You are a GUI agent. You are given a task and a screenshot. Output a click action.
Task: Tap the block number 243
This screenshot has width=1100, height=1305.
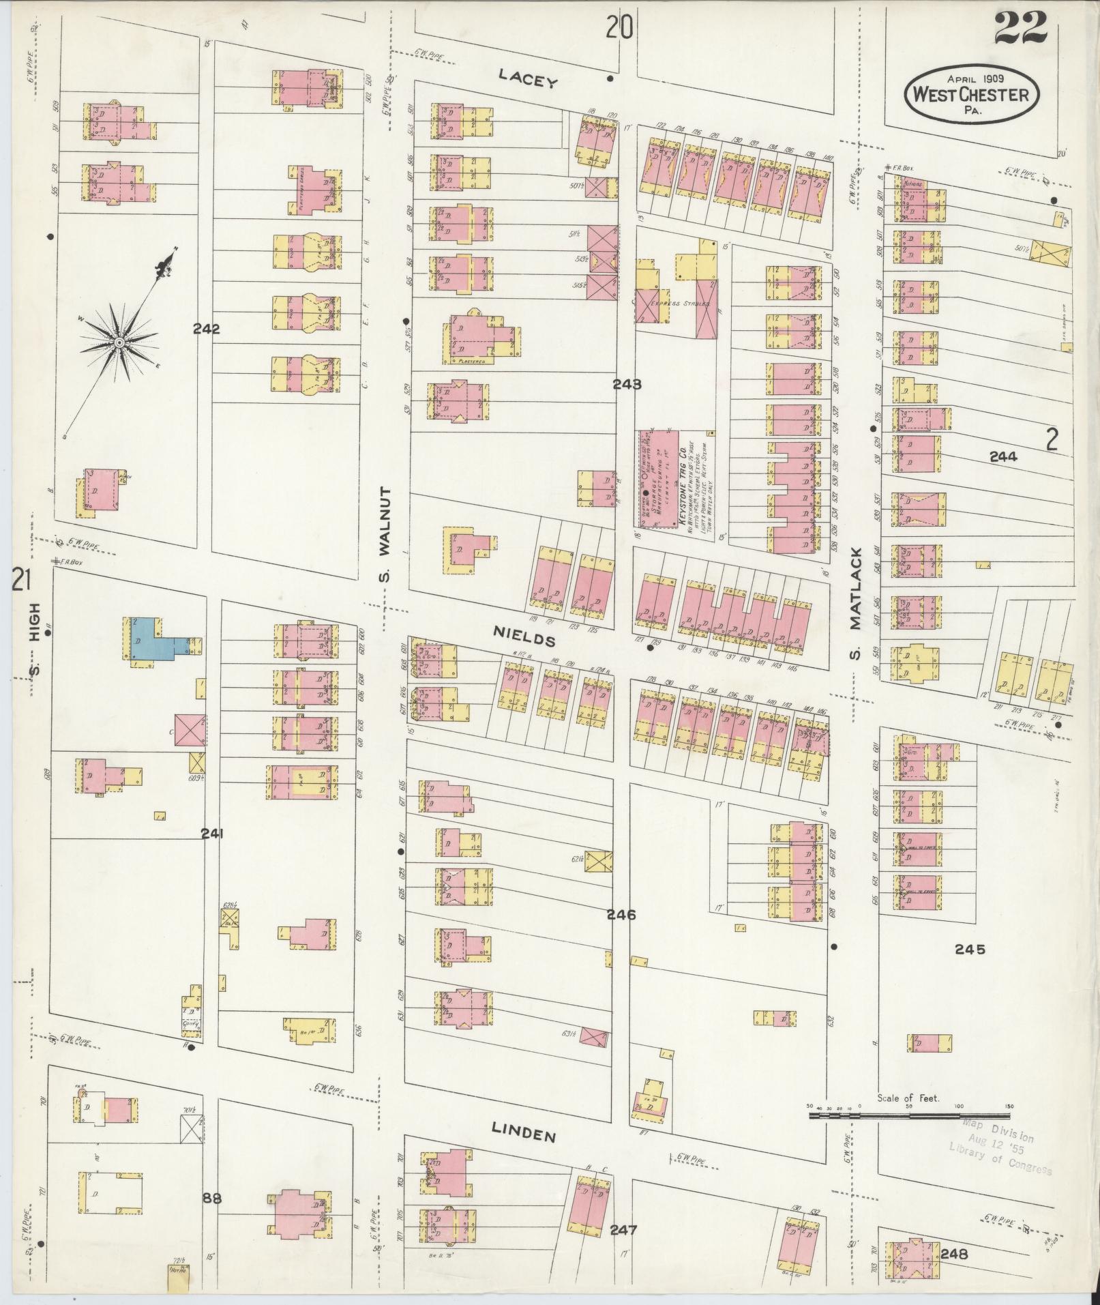coord(626,384)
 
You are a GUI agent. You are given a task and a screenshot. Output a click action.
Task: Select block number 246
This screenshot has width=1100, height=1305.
coord(621,914)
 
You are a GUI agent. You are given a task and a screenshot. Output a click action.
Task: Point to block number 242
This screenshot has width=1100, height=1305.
coord(206,329)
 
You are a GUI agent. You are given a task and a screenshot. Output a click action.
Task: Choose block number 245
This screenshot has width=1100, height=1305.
coord(970,949)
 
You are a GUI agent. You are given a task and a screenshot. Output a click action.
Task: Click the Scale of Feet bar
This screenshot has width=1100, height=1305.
coord(911,1116)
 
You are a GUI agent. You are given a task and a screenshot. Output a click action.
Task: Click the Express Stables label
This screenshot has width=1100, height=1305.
coord(680,304)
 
